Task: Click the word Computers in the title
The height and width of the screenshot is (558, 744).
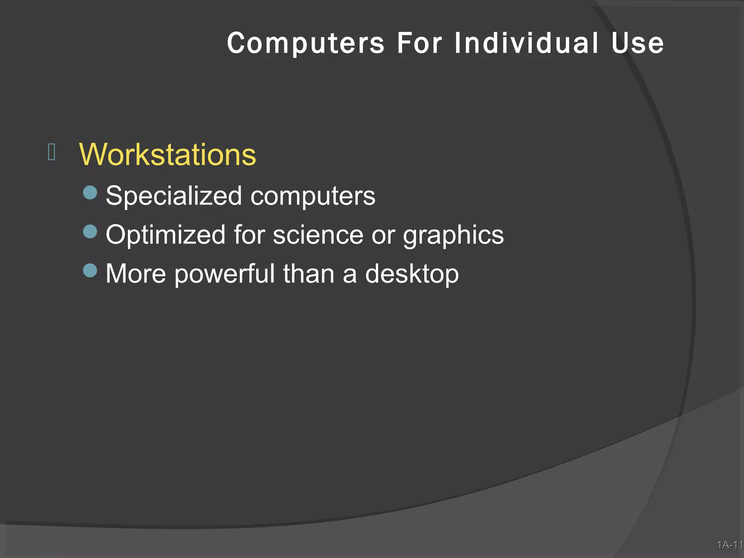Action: (x=306, y=44)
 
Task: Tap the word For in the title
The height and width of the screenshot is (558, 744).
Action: (x=419, y=44)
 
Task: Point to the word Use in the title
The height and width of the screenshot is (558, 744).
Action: (x=638, y=44)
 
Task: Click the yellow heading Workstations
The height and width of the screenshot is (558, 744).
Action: (x=167, y=155)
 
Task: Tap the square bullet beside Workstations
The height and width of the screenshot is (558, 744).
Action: (x=52, y=152)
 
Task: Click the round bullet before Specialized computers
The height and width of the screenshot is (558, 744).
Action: (x=90, y=193)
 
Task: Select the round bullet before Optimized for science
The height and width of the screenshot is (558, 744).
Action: (x=90, y=231)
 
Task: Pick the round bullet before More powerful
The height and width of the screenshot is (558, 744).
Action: (x=90, y=270)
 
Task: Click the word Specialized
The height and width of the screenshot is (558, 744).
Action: (x=174, y=196)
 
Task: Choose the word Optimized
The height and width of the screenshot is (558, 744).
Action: (x=165, y=235)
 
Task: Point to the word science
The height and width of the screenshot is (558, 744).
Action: (x=318, y=235)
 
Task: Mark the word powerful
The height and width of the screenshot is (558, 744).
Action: (x=225, y=274)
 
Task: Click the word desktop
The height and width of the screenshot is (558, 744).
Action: (x=412, y=274)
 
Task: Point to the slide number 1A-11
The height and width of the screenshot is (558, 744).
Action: (x=730, y=545)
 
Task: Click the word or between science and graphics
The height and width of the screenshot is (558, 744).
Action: (x=383, y=235)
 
